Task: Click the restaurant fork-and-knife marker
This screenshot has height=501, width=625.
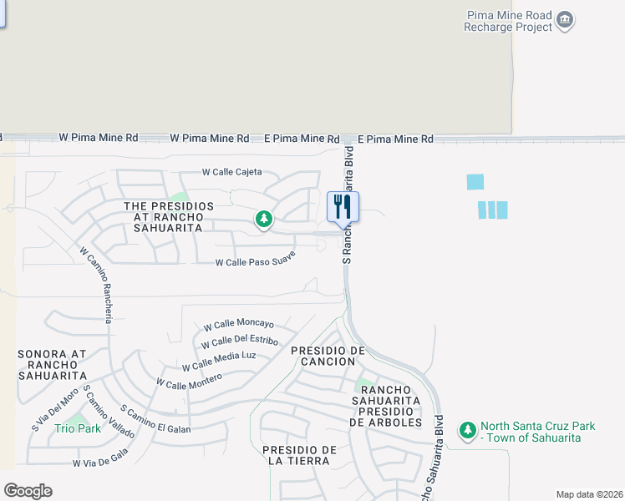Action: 343,206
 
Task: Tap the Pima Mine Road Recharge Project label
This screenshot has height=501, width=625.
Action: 509,21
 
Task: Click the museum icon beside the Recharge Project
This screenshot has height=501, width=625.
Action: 566,20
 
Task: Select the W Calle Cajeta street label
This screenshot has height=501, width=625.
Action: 232,172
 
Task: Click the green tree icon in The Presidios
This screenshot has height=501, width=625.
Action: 264,220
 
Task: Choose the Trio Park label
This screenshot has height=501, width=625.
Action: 78,428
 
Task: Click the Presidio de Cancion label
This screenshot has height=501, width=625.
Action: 328,356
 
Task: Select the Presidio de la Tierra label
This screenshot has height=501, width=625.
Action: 299,455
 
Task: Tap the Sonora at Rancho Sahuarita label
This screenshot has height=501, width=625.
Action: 53,364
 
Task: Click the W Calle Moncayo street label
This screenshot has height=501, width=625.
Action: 239,324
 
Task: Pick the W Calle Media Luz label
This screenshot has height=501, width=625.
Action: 219,361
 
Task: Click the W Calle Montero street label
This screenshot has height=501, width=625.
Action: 190,381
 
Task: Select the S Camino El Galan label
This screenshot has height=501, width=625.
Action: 156,420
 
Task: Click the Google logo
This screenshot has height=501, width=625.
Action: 28,491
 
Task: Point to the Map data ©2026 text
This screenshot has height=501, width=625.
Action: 589,493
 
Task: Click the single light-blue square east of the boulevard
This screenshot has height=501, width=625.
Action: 475,181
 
